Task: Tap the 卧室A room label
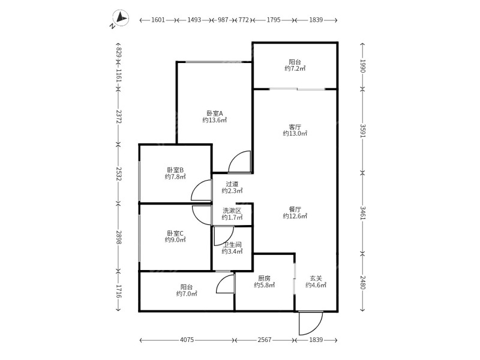point(214,113)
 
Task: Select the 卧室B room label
point(175,170)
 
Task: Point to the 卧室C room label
point(175,233)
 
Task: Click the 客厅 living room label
point(295,127)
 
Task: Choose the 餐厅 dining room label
point(295,209)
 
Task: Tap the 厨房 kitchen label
point(265,278)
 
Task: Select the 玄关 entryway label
point(316,278)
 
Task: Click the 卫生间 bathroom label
point(232,244)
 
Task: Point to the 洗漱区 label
point(232,211)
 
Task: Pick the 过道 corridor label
point(232,184)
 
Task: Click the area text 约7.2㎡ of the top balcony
point(295,69)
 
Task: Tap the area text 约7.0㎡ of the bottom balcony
point(187,294)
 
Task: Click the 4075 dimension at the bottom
point(187,340)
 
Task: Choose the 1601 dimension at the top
point(158,20)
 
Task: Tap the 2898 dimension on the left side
point(119,238)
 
